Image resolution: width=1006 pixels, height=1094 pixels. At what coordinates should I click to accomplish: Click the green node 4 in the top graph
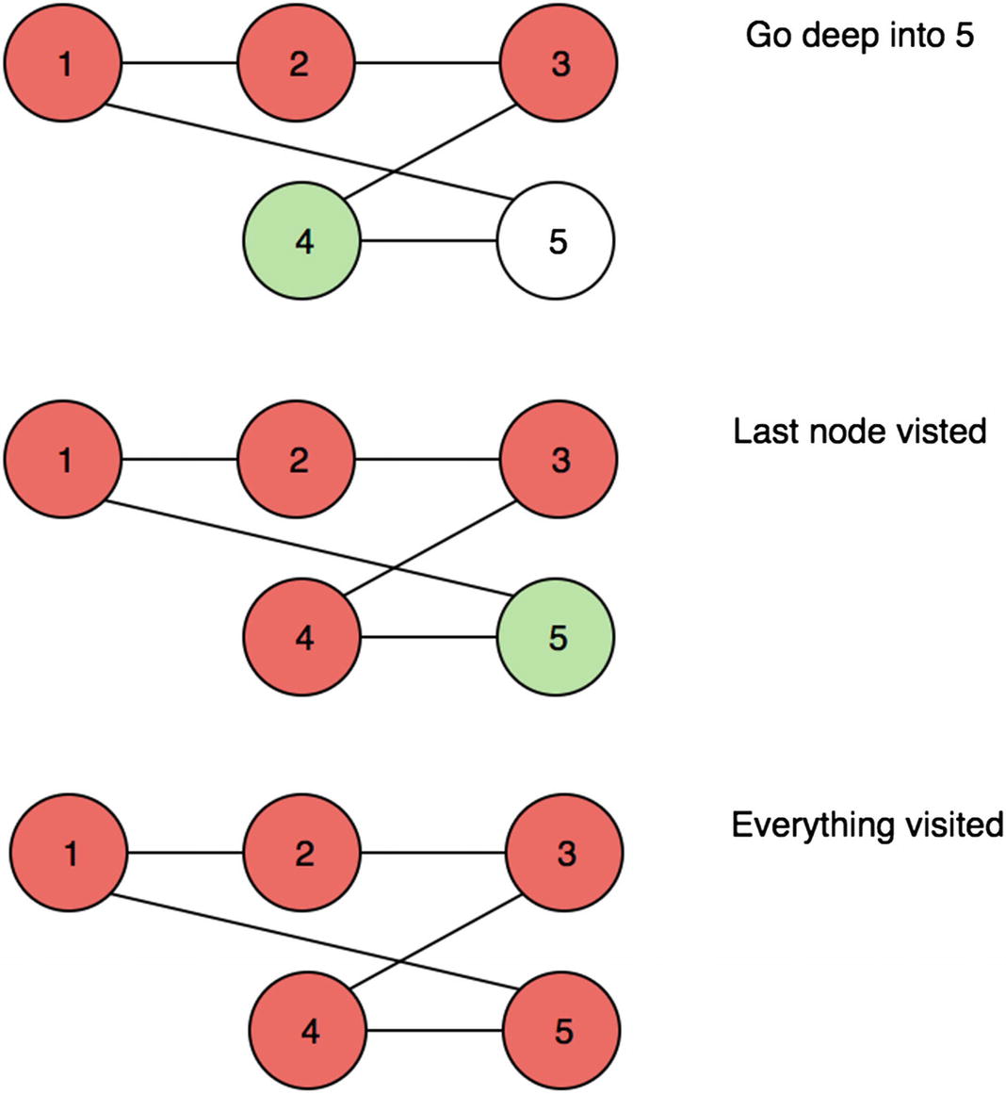[x=302, y=241]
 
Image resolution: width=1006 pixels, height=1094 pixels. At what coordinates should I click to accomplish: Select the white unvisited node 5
[x=556, y=241]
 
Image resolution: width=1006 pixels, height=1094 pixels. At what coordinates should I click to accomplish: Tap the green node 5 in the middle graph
[x=556, y=637]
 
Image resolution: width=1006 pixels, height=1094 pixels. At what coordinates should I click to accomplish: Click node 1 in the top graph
[x=64, y=64]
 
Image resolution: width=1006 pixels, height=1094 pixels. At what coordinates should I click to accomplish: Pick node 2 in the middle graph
[x=297, y=460]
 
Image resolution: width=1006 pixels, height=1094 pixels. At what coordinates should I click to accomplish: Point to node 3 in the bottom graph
[x=564, y=854]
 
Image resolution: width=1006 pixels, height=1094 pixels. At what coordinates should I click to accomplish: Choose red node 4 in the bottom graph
[x=309, y=1032]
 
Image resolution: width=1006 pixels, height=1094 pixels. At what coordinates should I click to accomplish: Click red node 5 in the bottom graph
[x=562, y=1032]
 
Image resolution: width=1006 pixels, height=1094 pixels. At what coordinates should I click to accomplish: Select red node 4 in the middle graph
[x=302, y=637]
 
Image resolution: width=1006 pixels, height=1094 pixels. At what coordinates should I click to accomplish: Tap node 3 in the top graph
[x=559, y=64]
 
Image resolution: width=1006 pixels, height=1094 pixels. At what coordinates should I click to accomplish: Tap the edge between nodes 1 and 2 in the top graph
[x=180, y=64]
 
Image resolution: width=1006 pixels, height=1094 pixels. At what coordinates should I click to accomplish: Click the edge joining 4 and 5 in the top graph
[x=430, y=241]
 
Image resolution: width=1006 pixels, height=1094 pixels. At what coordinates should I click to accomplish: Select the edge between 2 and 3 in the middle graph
[x=428, y=460]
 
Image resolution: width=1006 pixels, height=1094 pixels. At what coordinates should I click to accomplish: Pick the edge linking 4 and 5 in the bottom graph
[x=436, y=1032]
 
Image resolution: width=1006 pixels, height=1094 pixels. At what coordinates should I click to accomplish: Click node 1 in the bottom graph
[x=69, y=854]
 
